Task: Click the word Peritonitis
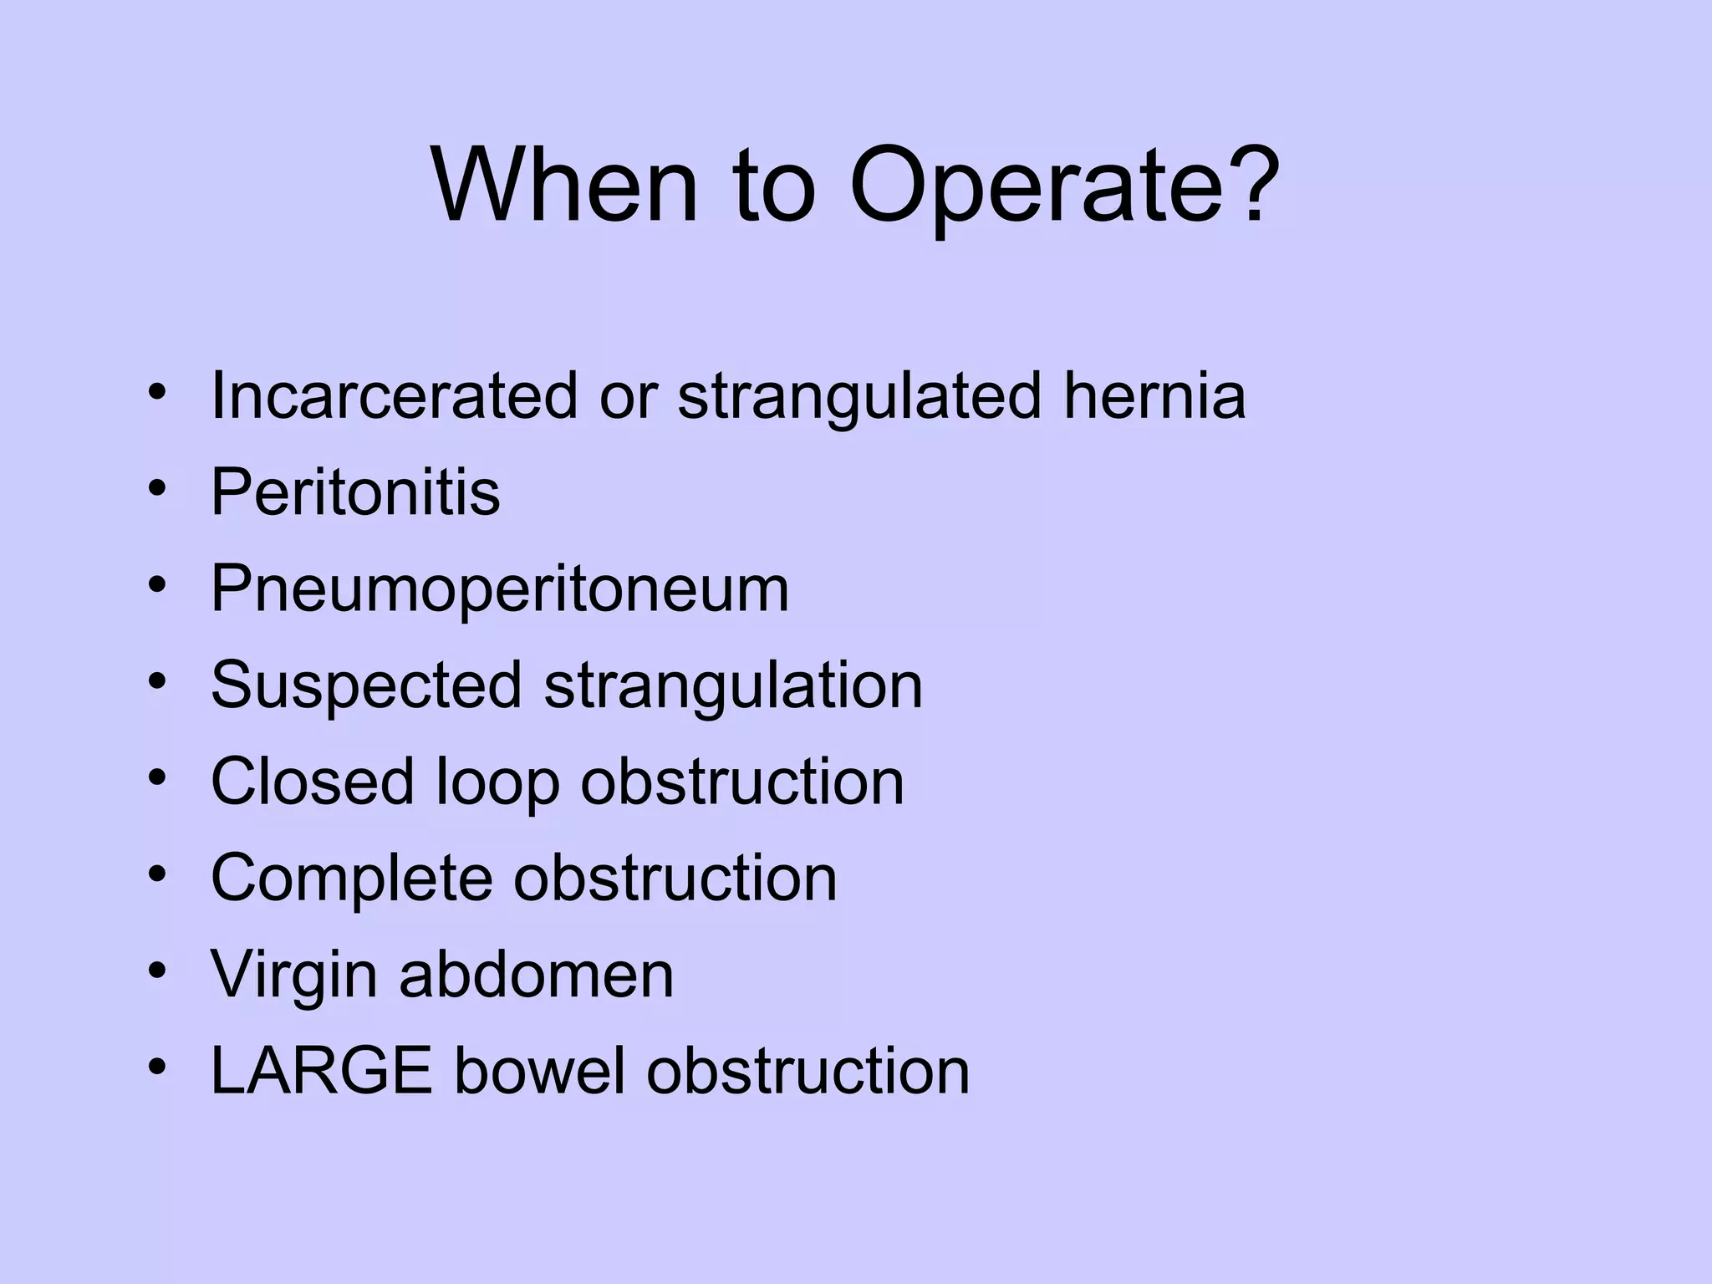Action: tap(355, 492)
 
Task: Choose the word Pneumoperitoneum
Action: tap(500, 588)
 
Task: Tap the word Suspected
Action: tap(367, 685)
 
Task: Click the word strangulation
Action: tap(733, 685)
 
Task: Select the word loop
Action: tap(497, 783)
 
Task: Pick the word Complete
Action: tap(352, 878)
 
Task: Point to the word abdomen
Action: tap(536, 975)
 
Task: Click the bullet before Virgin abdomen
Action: tap(156, 971)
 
